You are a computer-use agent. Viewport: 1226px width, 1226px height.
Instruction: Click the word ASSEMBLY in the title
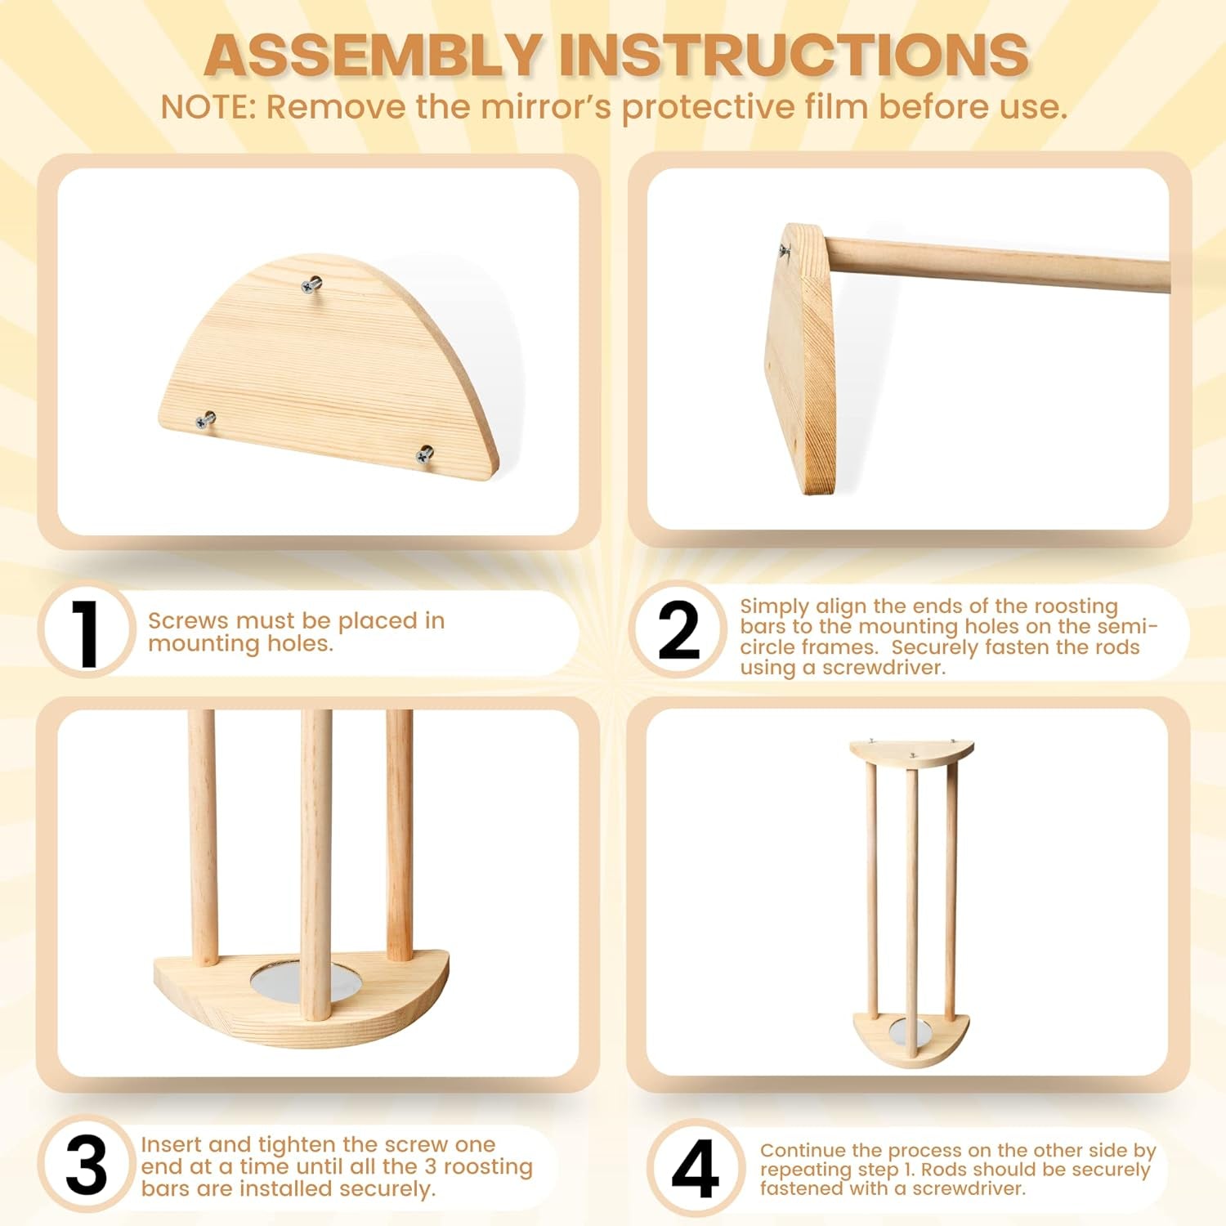click(372, 56)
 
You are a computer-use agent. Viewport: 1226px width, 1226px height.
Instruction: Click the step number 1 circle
click(87, 630)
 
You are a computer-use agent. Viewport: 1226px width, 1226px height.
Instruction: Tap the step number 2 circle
click(678, 630)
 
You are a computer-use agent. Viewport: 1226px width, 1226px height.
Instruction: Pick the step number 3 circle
click(87, 1164)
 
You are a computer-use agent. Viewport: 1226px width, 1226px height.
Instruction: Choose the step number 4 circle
click(696, 1167)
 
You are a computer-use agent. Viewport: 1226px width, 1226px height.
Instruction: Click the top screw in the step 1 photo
click(311, 284)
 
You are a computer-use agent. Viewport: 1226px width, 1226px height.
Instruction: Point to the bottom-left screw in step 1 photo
click(205, 420)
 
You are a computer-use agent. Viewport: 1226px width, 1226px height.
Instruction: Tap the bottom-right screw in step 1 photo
click(425, 454)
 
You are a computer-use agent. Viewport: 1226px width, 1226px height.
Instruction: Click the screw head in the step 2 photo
click(785, 251)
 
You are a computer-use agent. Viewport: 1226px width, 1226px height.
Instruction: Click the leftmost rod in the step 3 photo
click(203, 838)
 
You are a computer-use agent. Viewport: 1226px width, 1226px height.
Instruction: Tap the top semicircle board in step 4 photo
click(911, 753)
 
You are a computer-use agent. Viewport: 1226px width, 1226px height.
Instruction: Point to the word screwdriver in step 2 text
click(884, 668)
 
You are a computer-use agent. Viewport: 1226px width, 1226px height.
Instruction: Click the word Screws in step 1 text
click(185, 621)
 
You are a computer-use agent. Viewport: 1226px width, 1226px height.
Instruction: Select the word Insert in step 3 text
click(171, 1145)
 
